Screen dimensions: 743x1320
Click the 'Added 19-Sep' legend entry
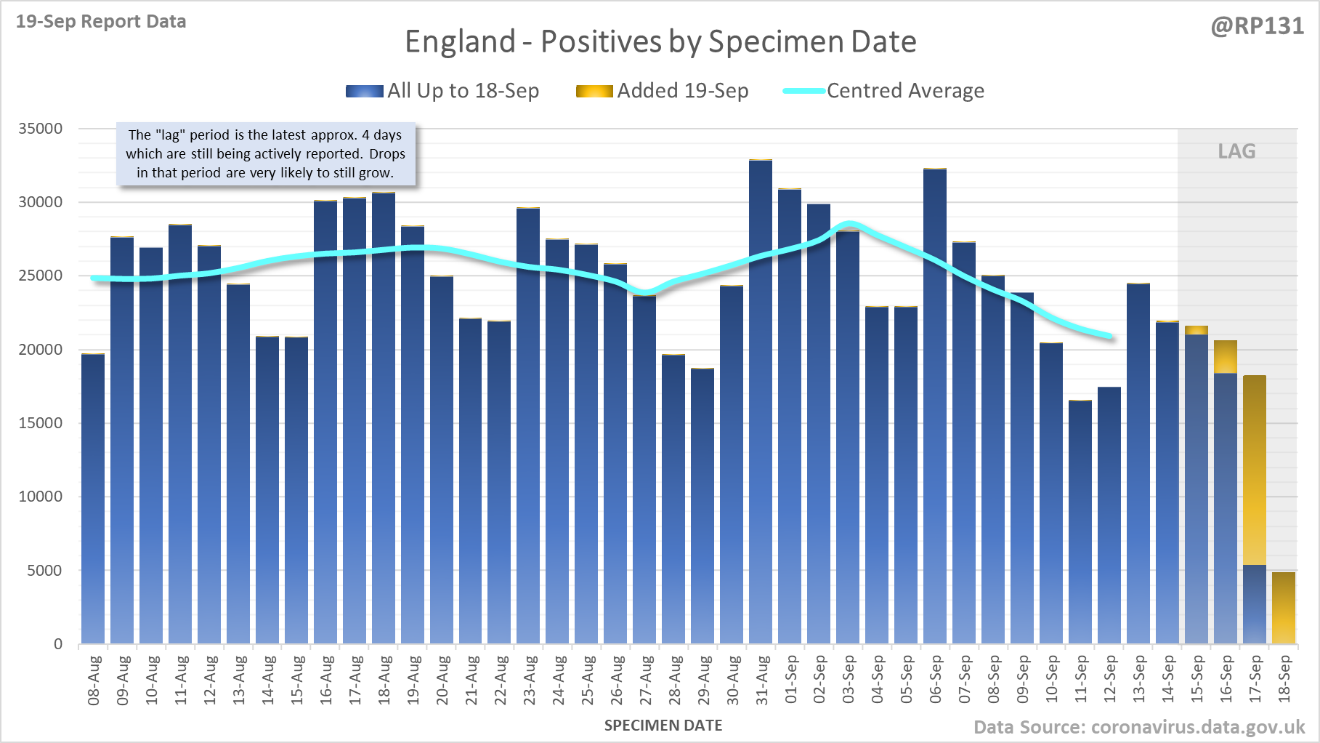point(663,91)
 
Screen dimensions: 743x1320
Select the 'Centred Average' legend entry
point(884,91)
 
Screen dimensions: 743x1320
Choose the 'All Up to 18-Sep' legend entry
point(443,91)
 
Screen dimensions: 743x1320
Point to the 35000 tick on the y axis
point(41,129)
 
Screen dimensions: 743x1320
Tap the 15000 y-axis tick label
point(41,423)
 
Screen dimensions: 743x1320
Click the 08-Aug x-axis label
point(94,680)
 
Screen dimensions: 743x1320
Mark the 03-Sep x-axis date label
point(849,680)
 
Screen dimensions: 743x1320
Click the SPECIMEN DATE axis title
point(663,726)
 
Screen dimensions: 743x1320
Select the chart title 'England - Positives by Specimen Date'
point(660,41)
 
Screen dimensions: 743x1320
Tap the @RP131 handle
point(1258,26)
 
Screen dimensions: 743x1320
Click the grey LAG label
point(1236,151)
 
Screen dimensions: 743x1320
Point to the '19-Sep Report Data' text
point(101,22)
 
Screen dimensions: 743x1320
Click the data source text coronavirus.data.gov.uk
point(1139,727)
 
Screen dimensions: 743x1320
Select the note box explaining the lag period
point(266,154)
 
